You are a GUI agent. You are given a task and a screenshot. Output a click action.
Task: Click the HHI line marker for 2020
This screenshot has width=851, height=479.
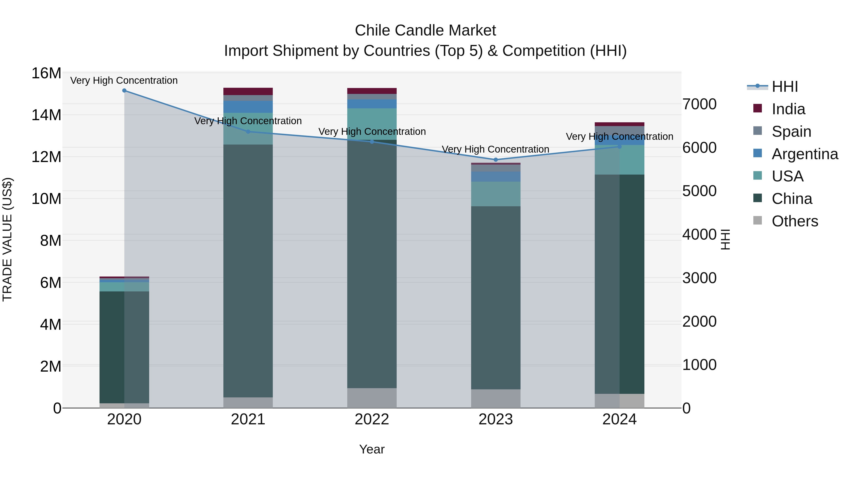point(124,91)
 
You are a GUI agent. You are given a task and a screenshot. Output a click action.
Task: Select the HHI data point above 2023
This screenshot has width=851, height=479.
point(495,160)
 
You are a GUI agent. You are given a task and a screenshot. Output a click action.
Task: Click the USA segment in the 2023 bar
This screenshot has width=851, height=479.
point(495,194)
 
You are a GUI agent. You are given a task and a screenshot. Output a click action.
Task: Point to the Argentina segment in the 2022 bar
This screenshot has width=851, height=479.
point(372,104)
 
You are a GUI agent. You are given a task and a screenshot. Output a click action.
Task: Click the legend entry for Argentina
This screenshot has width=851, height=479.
point(804,154)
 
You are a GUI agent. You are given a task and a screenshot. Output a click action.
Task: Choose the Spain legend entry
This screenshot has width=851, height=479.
point(791,132)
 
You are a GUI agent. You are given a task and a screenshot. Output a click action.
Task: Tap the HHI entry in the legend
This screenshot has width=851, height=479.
point(784,87)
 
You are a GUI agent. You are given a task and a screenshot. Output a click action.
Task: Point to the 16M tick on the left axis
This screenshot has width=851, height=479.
point(46,73)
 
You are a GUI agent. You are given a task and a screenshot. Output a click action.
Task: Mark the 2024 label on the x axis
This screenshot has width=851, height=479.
point(619,419)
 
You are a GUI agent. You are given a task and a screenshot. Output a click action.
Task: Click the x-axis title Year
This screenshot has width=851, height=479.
point(372,449)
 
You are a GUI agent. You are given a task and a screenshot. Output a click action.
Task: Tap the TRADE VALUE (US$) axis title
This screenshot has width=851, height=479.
point(7,240)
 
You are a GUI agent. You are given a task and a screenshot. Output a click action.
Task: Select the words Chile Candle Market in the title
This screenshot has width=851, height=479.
point(425,31)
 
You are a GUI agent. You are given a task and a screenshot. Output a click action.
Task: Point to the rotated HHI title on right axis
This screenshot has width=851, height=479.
point(725,239)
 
